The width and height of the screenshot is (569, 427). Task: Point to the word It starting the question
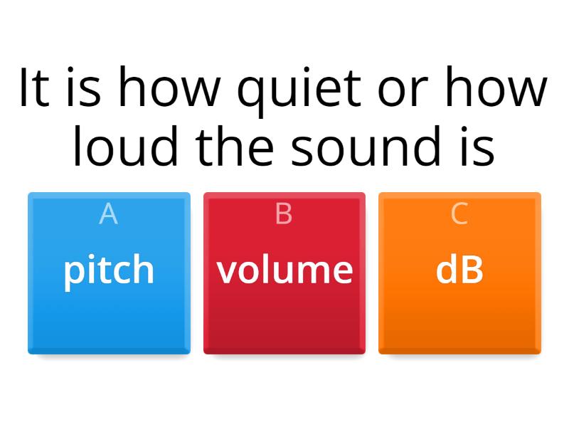[33, 89]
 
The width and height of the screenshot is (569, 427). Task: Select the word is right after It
[83, 89]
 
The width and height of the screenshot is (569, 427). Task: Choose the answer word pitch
[109, 270]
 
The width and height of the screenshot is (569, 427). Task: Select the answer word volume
[284, 270]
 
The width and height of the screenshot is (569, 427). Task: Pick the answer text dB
[459, 270]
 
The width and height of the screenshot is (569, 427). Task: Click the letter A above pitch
[109, 213]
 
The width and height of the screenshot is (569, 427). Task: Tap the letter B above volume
[284, 213]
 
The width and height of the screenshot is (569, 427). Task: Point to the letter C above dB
[459, 213]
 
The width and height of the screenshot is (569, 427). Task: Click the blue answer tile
[109, 313]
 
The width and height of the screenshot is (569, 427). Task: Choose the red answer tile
[284, 313]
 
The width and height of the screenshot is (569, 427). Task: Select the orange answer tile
[459, 313]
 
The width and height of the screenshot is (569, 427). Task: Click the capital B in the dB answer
[472, 270]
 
